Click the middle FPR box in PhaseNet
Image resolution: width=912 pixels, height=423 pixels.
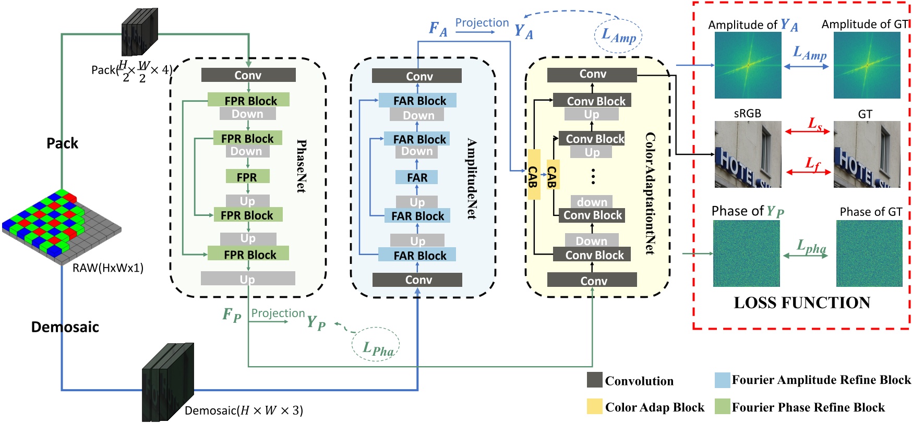247,177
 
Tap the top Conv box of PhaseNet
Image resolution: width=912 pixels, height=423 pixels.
248,75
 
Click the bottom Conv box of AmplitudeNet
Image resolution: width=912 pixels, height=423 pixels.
417,280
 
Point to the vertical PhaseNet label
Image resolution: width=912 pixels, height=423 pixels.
301,166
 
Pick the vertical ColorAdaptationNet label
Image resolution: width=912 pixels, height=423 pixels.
650,193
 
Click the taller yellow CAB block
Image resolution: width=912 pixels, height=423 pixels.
533,174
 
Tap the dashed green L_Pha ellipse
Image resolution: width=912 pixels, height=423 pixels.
376,345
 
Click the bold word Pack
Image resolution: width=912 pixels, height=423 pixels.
62,143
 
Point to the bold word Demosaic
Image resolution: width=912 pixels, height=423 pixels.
65,327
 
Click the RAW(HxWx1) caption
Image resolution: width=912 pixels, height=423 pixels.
108,268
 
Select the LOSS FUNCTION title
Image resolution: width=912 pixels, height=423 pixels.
802,303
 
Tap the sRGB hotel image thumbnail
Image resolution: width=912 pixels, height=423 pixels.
748,154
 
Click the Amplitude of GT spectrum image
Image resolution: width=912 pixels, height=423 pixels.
867,65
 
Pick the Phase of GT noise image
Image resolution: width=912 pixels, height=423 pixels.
869,253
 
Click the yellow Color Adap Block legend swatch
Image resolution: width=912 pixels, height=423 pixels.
594,407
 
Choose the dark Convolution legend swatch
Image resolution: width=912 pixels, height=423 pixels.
594,380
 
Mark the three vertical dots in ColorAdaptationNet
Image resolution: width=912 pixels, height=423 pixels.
593,176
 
